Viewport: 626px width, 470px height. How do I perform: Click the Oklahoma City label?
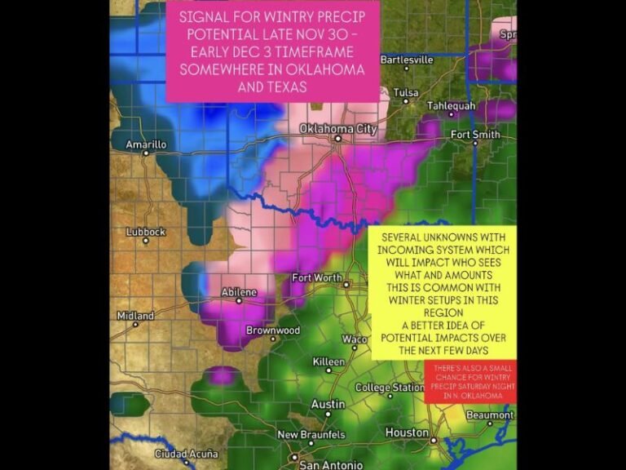(x=337, y=129)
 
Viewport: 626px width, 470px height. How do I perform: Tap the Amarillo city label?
(x=146, y=144)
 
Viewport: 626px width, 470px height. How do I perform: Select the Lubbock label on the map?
(x=145, y=232)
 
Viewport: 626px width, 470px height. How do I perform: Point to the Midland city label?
(x=135, y=316)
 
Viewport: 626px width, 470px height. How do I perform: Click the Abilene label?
(x=240, y=292)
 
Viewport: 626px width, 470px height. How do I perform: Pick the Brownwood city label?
(x=273, y=330)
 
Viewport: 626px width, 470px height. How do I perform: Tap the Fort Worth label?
(x=317, y=278)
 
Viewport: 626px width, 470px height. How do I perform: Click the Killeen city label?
(x=328, y=361)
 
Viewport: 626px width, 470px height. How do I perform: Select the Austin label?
(x=328, y=404)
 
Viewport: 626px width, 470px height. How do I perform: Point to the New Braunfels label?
(x=311, y=435)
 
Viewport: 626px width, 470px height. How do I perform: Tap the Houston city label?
(x=407, y=432)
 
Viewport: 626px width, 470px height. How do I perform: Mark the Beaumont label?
(x=489, y=415)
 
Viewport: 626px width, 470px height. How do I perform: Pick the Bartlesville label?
(x=407, y=60)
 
